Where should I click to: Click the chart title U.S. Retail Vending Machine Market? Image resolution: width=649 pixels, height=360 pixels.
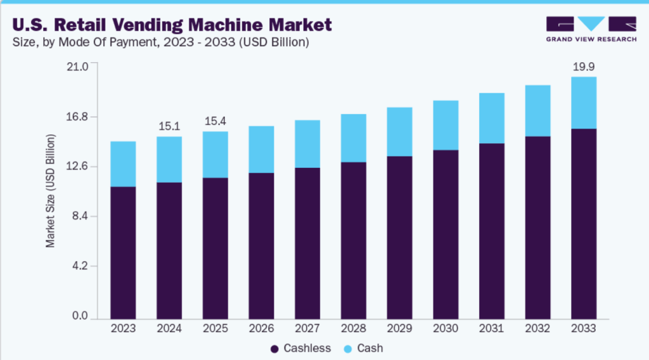pos(170,25)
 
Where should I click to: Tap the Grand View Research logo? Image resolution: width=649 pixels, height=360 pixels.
pos(591,29)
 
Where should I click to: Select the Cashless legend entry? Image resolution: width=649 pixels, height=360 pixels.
pos(301,348)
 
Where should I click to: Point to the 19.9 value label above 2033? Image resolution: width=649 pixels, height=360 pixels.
pos(583,66)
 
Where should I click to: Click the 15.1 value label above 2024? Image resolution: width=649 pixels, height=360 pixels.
pos(169,125)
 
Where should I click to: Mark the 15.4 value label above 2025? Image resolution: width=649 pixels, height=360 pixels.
pos(215,120)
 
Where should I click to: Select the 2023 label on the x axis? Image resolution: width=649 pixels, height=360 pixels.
pos(123,328)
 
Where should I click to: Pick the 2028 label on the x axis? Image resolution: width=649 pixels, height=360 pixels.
pos(353,328)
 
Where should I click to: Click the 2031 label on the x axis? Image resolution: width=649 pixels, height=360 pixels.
pos(491,328)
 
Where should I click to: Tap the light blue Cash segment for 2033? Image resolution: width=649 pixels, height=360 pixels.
pos(583,103)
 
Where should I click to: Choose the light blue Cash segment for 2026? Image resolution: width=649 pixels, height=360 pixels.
pos(261,150)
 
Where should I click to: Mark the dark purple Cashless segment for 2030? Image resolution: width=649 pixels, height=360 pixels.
pos(445,234)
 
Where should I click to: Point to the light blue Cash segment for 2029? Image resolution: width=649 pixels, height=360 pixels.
pos(399,132)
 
